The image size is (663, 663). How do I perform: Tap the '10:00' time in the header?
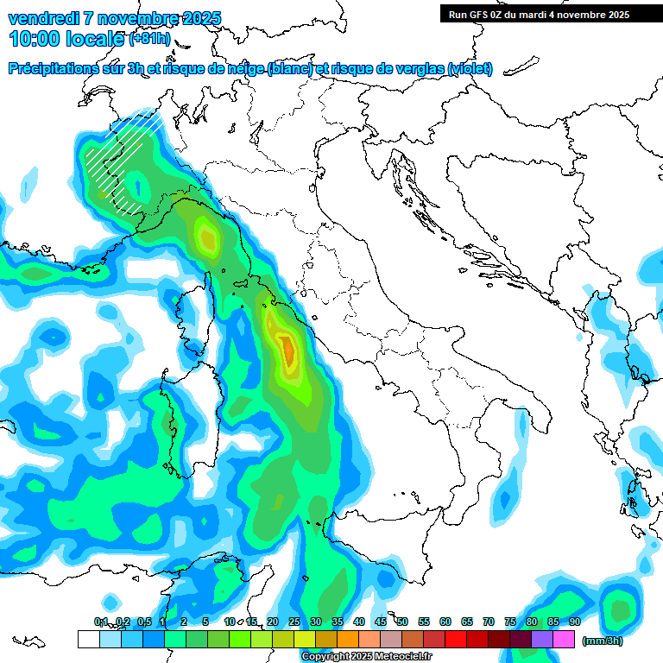pyautogui.click(x=33, y=38)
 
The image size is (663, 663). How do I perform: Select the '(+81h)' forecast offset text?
pyautogui.click(x=148, y=39)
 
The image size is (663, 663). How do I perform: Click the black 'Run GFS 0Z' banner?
pyautogui.click(x=539, y=15)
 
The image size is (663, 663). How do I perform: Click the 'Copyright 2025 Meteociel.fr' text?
pyautogui.click(x=366, y=657)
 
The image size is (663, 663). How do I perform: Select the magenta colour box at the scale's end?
pyautogui.click(x=564, y=639)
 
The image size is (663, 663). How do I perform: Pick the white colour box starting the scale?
pyautogui.click(x=88, y=639)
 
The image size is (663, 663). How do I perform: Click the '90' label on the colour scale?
pyautogui.click(x=574, y=622)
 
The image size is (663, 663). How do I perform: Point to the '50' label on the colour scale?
pyautogui.click(x=401, y=622)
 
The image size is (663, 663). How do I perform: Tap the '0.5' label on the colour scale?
pyautogui.click(x=143, y=622)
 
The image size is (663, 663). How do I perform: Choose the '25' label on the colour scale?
pyautogui.click(x=294, y=622)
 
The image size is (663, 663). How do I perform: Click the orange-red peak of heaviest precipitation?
pyautogui.click(x=287, y=350)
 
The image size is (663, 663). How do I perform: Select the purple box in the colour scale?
pyautogui.click(x=542, y=639)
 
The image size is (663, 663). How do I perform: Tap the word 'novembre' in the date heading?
pyautogui.click(x=133, y=18)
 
